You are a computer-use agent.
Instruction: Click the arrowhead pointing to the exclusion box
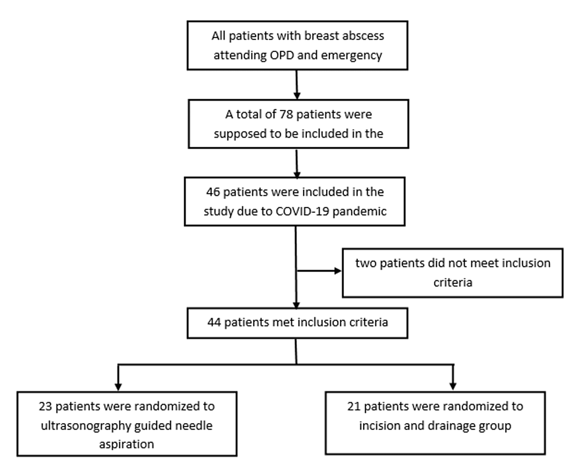click(338, 271)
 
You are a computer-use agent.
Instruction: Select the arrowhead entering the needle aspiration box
click(119, 386)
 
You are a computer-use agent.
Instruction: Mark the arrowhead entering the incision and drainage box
click(453, 386)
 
